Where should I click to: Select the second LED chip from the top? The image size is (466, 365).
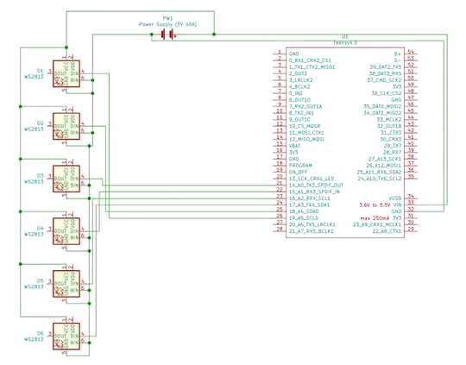66,123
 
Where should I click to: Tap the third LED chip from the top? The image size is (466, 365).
66,177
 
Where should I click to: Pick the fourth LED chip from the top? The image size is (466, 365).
66,230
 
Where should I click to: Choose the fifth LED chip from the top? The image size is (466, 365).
66,282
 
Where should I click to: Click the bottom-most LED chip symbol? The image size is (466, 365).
66,335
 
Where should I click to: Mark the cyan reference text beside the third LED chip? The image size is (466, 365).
35,181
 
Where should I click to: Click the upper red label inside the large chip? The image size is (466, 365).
374,205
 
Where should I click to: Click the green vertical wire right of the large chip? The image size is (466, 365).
446,121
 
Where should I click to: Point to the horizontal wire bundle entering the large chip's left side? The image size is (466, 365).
190,205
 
